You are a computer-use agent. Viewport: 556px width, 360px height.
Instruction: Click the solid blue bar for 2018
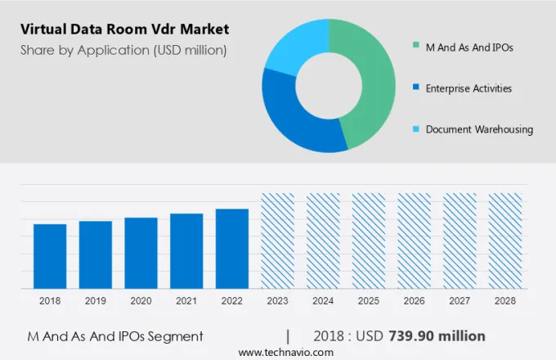click(x=50, y=255)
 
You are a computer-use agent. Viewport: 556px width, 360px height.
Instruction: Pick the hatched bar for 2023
click(x=277, y=241)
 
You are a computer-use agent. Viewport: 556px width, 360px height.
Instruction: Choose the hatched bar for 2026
click(x=414, y=241)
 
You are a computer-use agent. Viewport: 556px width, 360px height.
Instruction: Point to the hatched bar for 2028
click(x=505, y=241)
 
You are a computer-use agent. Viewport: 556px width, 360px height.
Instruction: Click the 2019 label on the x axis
click(x=96, y=301)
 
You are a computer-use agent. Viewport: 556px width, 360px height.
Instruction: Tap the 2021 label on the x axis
click(x=186, y=301)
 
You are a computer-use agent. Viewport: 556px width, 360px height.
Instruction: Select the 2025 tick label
click(x=369, y=301)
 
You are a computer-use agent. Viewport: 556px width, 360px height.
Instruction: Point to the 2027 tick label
click(x=460, y=301)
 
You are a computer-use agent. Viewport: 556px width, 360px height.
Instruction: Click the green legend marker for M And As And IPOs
click(x=417, y=47)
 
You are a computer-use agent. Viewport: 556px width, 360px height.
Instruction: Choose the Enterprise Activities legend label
click(x=469, y=88)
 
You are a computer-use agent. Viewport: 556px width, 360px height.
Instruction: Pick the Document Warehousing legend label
click(x=479, y=129)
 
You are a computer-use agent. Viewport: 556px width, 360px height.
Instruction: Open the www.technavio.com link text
click(x=286, y=352)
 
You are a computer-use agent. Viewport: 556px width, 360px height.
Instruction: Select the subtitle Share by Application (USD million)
click(x=123, y=50)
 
